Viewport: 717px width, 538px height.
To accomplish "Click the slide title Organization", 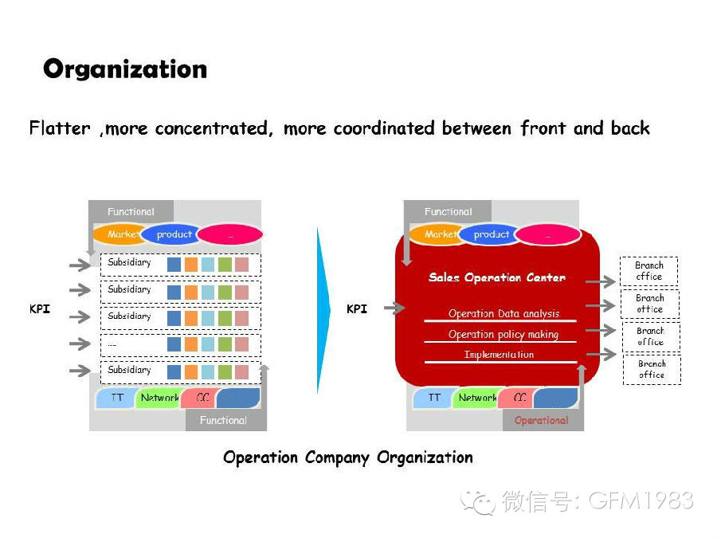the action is [x=125, y=69].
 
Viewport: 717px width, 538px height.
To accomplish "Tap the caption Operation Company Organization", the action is [x=348, y=457].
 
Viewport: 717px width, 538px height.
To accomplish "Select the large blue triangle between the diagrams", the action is [x=323, y=309].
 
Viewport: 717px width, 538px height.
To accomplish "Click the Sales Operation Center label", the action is [x=497, y=277].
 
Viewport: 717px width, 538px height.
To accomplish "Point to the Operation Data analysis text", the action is [x=503, y=314].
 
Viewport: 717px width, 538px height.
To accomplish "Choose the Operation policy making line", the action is [x=503, y=335].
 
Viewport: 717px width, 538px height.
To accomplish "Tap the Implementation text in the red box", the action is [x=499, y=355].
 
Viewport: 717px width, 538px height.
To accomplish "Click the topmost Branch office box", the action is [x=649, y=271].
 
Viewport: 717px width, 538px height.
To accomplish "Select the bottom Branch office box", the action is [x=652, y=370].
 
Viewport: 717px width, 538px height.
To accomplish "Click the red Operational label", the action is [x=541, y=420].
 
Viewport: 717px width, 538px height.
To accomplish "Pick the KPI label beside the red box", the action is [x=357, y=308].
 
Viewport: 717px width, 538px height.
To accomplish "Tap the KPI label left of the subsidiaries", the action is [x=40, y=308].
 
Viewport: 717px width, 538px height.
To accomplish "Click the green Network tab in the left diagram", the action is [x=159, y=398].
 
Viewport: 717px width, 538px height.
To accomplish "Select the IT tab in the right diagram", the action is [x=434, y=398].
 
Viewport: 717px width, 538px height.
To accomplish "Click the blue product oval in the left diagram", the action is [x=174, y=234].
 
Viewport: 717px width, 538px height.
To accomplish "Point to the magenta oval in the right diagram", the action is [x=547, y=235].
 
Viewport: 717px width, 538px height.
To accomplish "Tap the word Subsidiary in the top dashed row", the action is [x=129, y=263].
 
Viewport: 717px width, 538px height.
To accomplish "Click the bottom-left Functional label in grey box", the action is [x=223, y=420].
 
